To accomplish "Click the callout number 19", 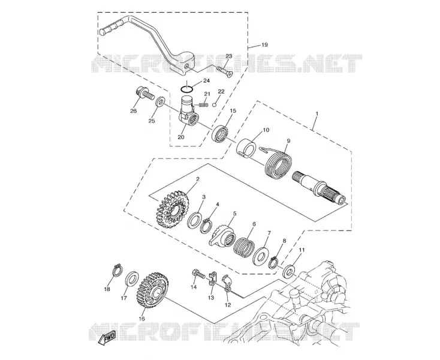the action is [x=264, y=44].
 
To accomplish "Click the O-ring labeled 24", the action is [x=186, y=89].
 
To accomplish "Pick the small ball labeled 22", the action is [x=215, y=105].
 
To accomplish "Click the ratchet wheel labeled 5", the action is [x=222, y=236].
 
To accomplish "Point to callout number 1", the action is [x=317, y=114].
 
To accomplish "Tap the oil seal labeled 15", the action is [x=221, y=134].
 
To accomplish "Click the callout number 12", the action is [x=228, y=305].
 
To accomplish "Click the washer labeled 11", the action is [x=290, y=270].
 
